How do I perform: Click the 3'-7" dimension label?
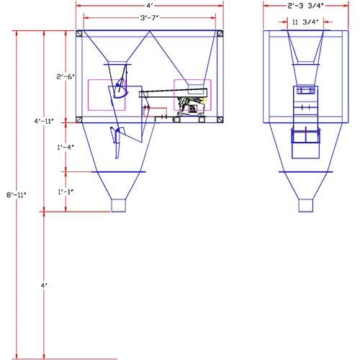[150, 18]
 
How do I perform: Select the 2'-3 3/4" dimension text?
[305, 6]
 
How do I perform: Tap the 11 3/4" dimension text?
[305, 22]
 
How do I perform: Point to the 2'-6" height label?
[66, 77]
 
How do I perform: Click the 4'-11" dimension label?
[44, 121]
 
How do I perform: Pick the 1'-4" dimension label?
[66, 147]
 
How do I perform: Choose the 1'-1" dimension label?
[66, 192]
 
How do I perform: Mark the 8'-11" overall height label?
[16, 194]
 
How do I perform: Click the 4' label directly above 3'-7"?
[150, 6]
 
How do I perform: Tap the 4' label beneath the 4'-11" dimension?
[44, 286]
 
